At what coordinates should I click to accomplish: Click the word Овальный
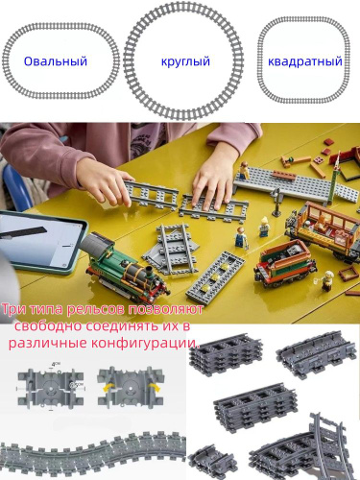(56, 61)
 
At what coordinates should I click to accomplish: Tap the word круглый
(185, 60)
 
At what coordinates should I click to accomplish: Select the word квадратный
(305, 61)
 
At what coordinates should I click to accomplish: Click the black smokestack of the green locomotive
(150, 273)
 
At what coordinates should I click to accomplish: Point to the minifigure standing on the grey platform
(245, 170)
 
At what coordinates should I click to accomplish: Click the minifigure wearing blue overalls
(240, 237)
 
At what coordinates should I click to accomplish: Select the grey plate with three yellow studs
(213, 277)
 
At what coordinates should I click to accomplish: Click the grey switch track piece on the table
(171, 248)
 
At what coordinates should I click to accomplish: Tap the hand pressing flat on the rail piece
(213, 185)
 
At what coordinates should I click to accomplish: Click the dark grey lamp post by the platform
(276, 201)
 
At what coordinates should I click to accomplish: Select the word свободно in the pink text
(47, 326)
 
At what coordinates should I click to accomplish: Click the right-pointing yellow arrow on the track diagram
(155, 387)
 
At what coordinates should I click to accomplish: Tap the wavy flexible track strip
(93, 451)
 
